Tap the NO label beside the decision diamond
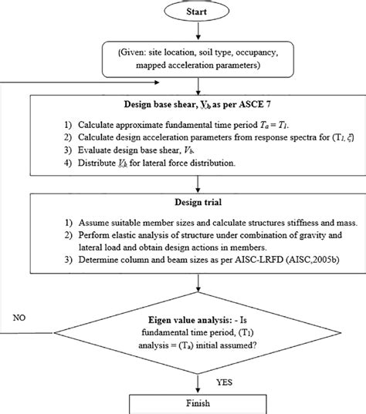[x=24, y=316]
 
